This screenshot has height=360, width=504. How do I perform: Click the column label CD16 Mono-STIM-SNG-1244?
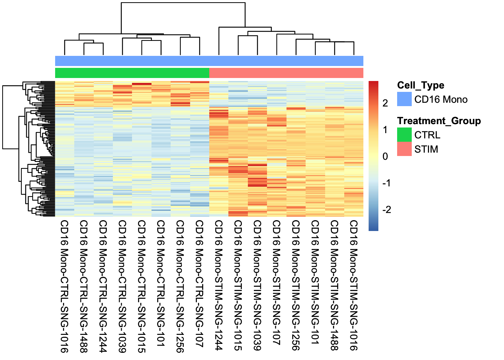[x=219, y=285]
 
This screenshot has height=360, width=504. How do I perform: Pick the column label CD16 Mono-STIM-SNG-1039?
[x=257, y=285]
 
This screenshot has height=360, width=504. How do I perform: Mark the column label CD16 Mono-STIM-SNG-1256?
[x=296, y=285]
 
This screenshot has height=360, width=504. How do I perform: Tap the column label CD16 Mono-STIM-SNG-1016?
[x=354, y=285]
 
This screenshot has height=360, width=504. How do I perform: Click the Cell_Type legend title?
[x=420, y=85]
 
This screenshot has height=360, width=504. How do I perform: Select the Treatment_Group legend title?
[x=439, y=121]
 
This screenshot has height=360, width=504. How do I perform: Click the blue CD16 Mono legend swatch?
[x=404, y=99]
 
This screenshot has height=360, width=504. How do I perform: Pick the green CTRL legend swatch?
[x=404, y=135]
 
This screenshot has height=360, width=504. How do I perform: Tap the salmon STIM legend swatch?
[x=404, y=149]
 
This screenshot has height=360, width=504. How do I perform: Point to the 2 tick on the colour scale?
[x=385, y=103]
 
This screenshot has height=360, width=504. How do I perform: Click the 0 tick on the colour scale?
[x=385, y=156]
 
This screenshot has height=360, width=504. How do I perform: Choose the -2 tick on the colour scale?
[x=386, y=210]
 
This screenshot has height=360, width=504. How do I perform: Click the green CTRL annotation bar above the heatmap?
[x=132, y=73]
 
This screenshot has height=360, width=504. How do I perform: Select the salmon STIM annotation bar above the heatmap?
[x=286, y=73]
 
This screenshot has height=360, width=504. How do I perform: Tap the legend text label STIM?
[x=426, y=149]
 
